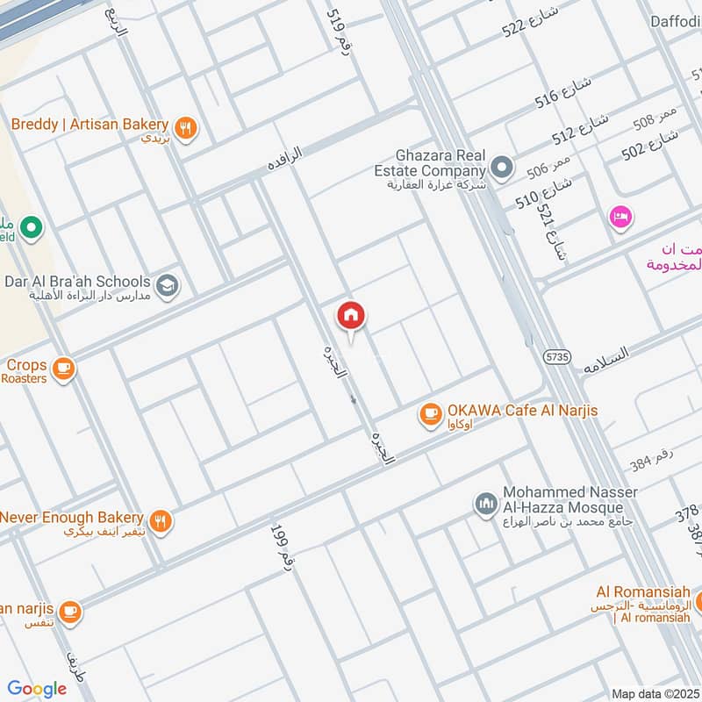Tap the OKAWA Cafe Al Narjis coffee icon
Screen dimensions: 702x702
(x=430, y=413)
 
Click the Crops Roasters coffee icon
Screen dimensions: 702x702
(x=63, y=369)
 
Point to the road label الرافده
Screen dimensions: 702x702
(x=285, y=160)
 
